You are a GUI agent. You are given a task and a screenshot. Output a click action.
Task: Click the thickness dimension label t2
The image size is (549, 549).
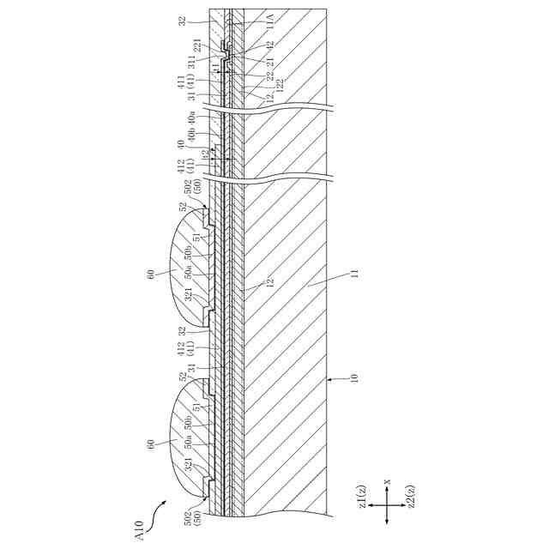click(203, 154)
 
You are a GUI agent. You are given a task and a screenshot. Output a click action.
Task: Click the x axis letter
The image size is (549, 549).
click(388, 482)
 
